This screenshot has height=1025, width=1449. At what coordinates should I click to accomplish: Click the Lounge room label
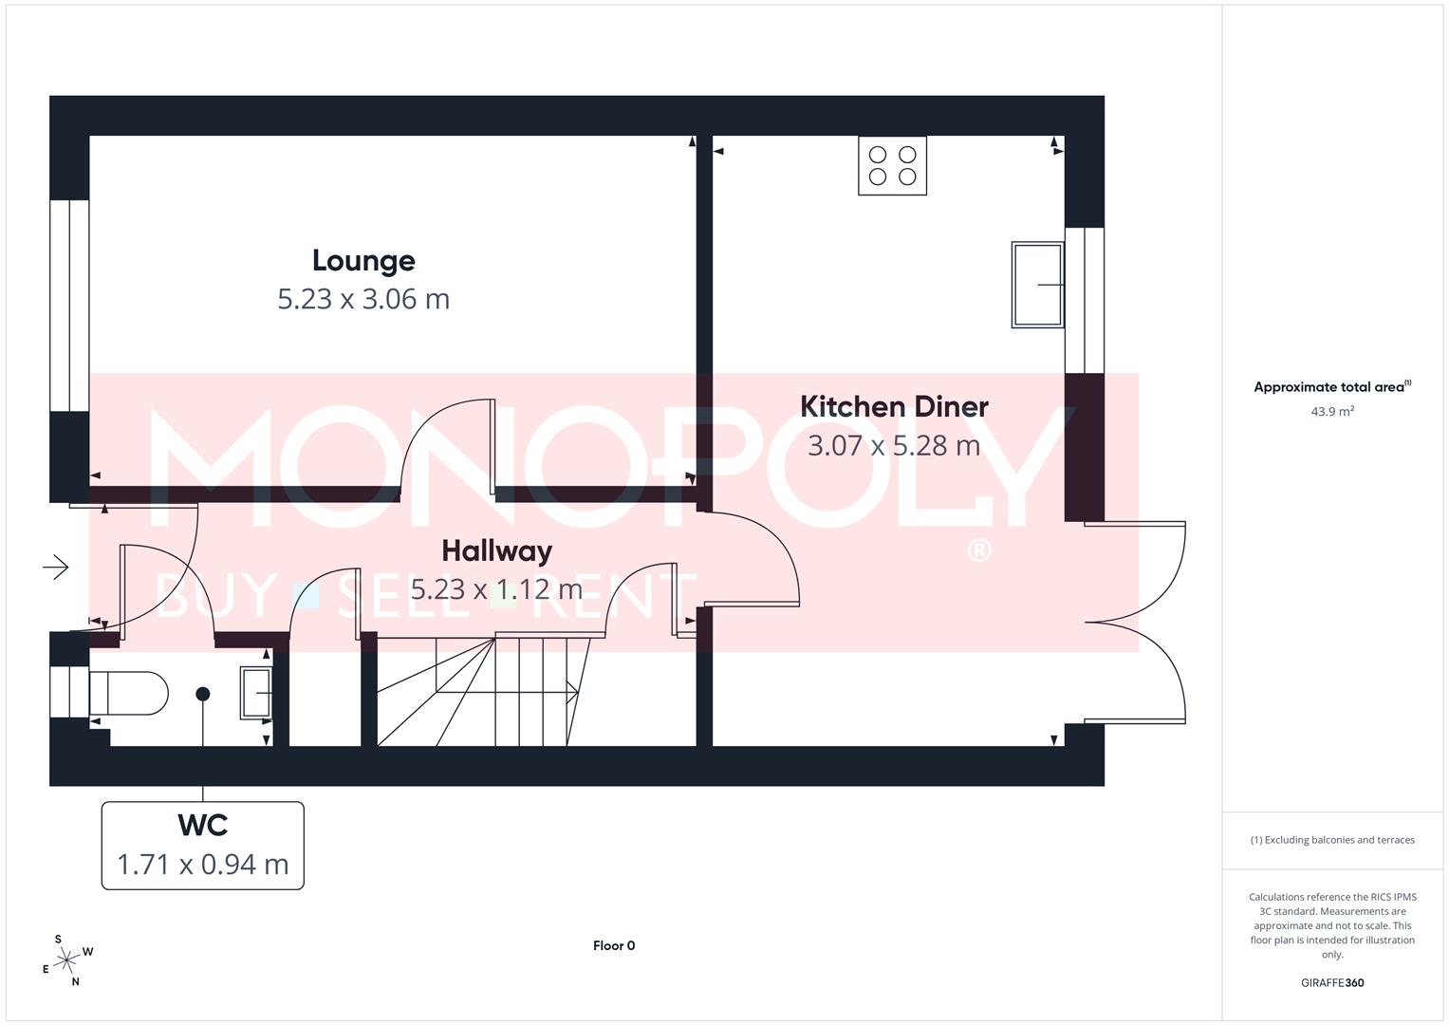click(363, 261)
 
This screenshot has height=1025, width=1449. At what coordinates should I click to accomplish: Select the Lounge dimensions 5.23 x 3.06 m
click(363, 299)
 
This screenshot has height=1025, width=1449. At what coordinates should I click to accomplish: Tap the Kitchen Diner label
click(894, 407)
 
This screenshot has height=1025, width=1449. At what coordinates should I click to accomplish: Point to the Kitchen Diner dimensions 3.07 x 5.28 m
click(894, 445)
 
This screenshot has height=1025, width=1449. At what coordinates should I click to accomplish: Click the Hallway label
click(496, 551)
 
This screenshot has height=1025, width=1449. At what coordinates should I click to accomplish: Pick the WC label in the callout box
click(202, 826)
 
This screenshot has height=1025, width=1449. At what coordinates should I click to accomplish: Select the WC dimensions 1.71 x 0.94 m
click(202, 865)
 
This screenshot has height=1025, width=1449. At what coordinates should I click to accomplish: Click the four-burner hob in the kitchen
click(892, 166)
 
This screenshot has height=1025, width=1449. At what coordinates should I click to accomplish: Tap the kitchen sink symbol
click(1037, 285)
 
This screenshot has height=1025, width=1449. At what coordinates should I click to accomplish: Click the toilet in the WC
click(130, 694)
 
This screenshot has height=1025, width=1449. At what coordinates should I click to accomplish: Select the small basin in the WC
click(256, 693)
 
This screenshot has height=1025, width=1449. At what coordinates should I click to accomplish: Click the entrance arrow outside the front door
click(56, 568)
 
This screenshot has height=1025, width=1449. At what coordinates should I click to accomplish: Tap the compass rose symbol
click(66, 961)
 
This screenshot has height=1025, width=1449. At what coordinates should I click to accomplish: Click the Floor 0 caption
click(614, 945)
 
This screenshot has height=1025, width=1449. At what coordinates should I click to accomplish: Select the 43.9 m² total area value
click(1332, 412)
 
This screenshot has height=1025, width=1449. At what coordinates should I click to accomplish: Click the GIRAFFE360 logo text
click(1332, 982)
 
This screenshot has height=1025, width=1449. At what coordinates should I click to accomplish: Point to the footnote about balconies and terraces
click(1332, 840)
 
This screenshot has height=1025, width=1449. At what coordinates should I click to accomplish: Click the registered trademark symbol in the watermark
click(978, 550)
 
